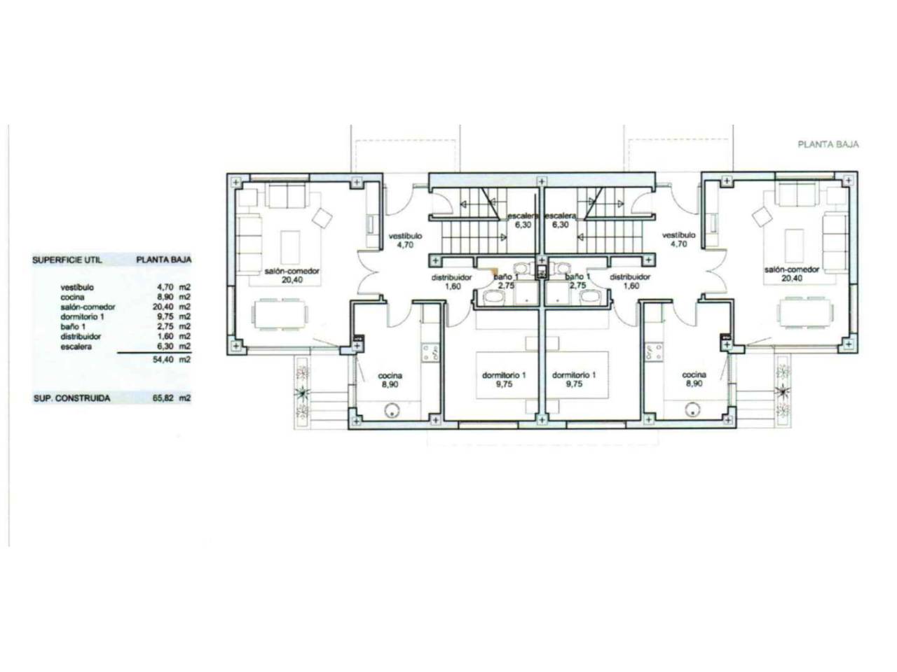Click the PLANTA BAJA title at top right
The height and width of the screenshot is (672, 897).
[828, 144]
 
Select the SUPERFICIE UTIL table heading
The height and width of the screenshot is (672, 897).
[67, 260]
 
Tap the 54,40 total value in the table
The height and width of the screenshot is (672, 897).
[163, 360]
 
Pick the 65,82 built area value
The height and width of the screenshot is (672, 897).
[163, 398]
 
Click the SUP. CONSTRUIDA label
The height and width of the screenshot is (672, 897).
[72, 398]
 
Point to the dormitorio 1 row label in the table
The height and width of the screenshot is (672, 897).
[83, 316]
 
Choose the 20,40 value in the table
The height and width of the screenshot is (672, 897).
[163, 307]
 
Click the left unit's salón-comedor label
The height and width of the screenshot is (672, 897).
[292, 271]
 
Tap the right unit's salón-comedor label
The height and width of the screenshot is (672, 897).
[792, 269]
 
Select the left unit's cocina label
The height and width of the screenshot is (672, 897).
[390, 375]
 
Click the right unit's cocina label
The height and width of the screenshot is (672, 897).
[694, 374]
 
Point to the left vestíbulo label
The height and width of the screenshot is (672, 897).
[405, 236]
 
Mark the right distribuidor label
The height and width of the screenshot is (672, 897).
[630, 277]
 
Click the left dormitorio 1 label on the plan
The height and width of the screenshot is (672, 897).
[504, 375]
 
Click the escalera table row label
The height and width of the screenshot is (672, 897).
[76, 346]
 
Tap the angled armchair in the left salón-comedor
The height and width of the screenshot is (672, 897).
[322, 218]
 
